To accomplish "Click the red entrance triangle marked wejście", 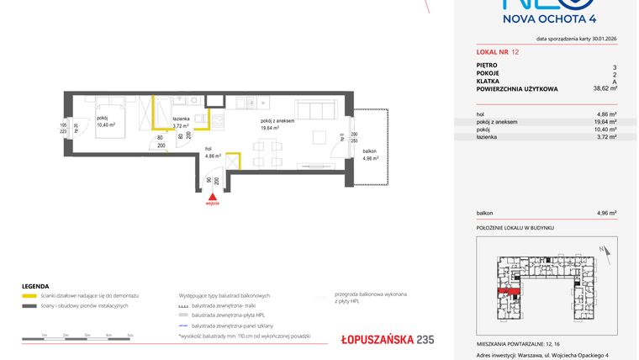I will click(213, 196).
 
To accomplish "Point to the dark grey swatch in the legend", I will click(29, 305).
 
